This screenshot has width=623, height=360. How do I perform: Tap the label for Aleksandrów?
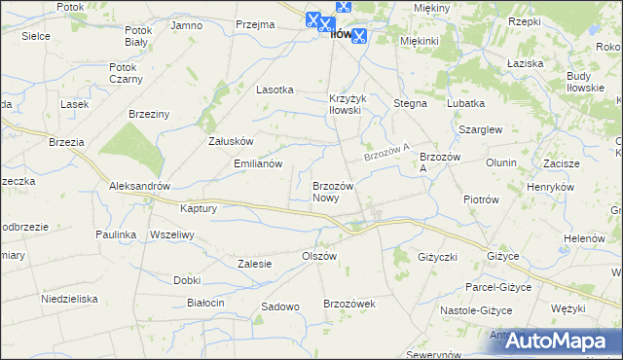click(140, 186)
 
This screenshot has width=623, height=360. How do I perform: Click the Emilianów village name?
click(258, 163)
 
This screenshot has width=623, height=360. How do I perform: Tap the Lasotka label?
click(275, 90)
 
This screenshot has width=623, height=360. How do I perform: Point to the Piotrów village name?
click(481, 199)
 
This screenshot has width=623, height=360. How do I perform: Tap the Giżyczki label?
click(437, 258)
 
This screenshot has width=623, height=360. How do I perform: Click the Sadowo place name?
click(279, 306)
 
